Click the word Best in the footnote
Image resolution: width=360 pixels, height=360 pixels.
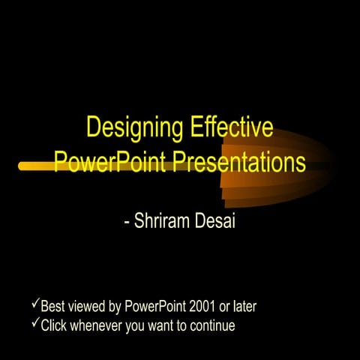click(52, 306)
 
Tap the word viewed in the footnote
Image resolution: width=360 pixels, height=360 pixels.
click(85, 306)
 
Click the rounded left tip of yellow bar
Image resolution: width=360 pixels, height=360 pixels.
click(22, 166)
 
